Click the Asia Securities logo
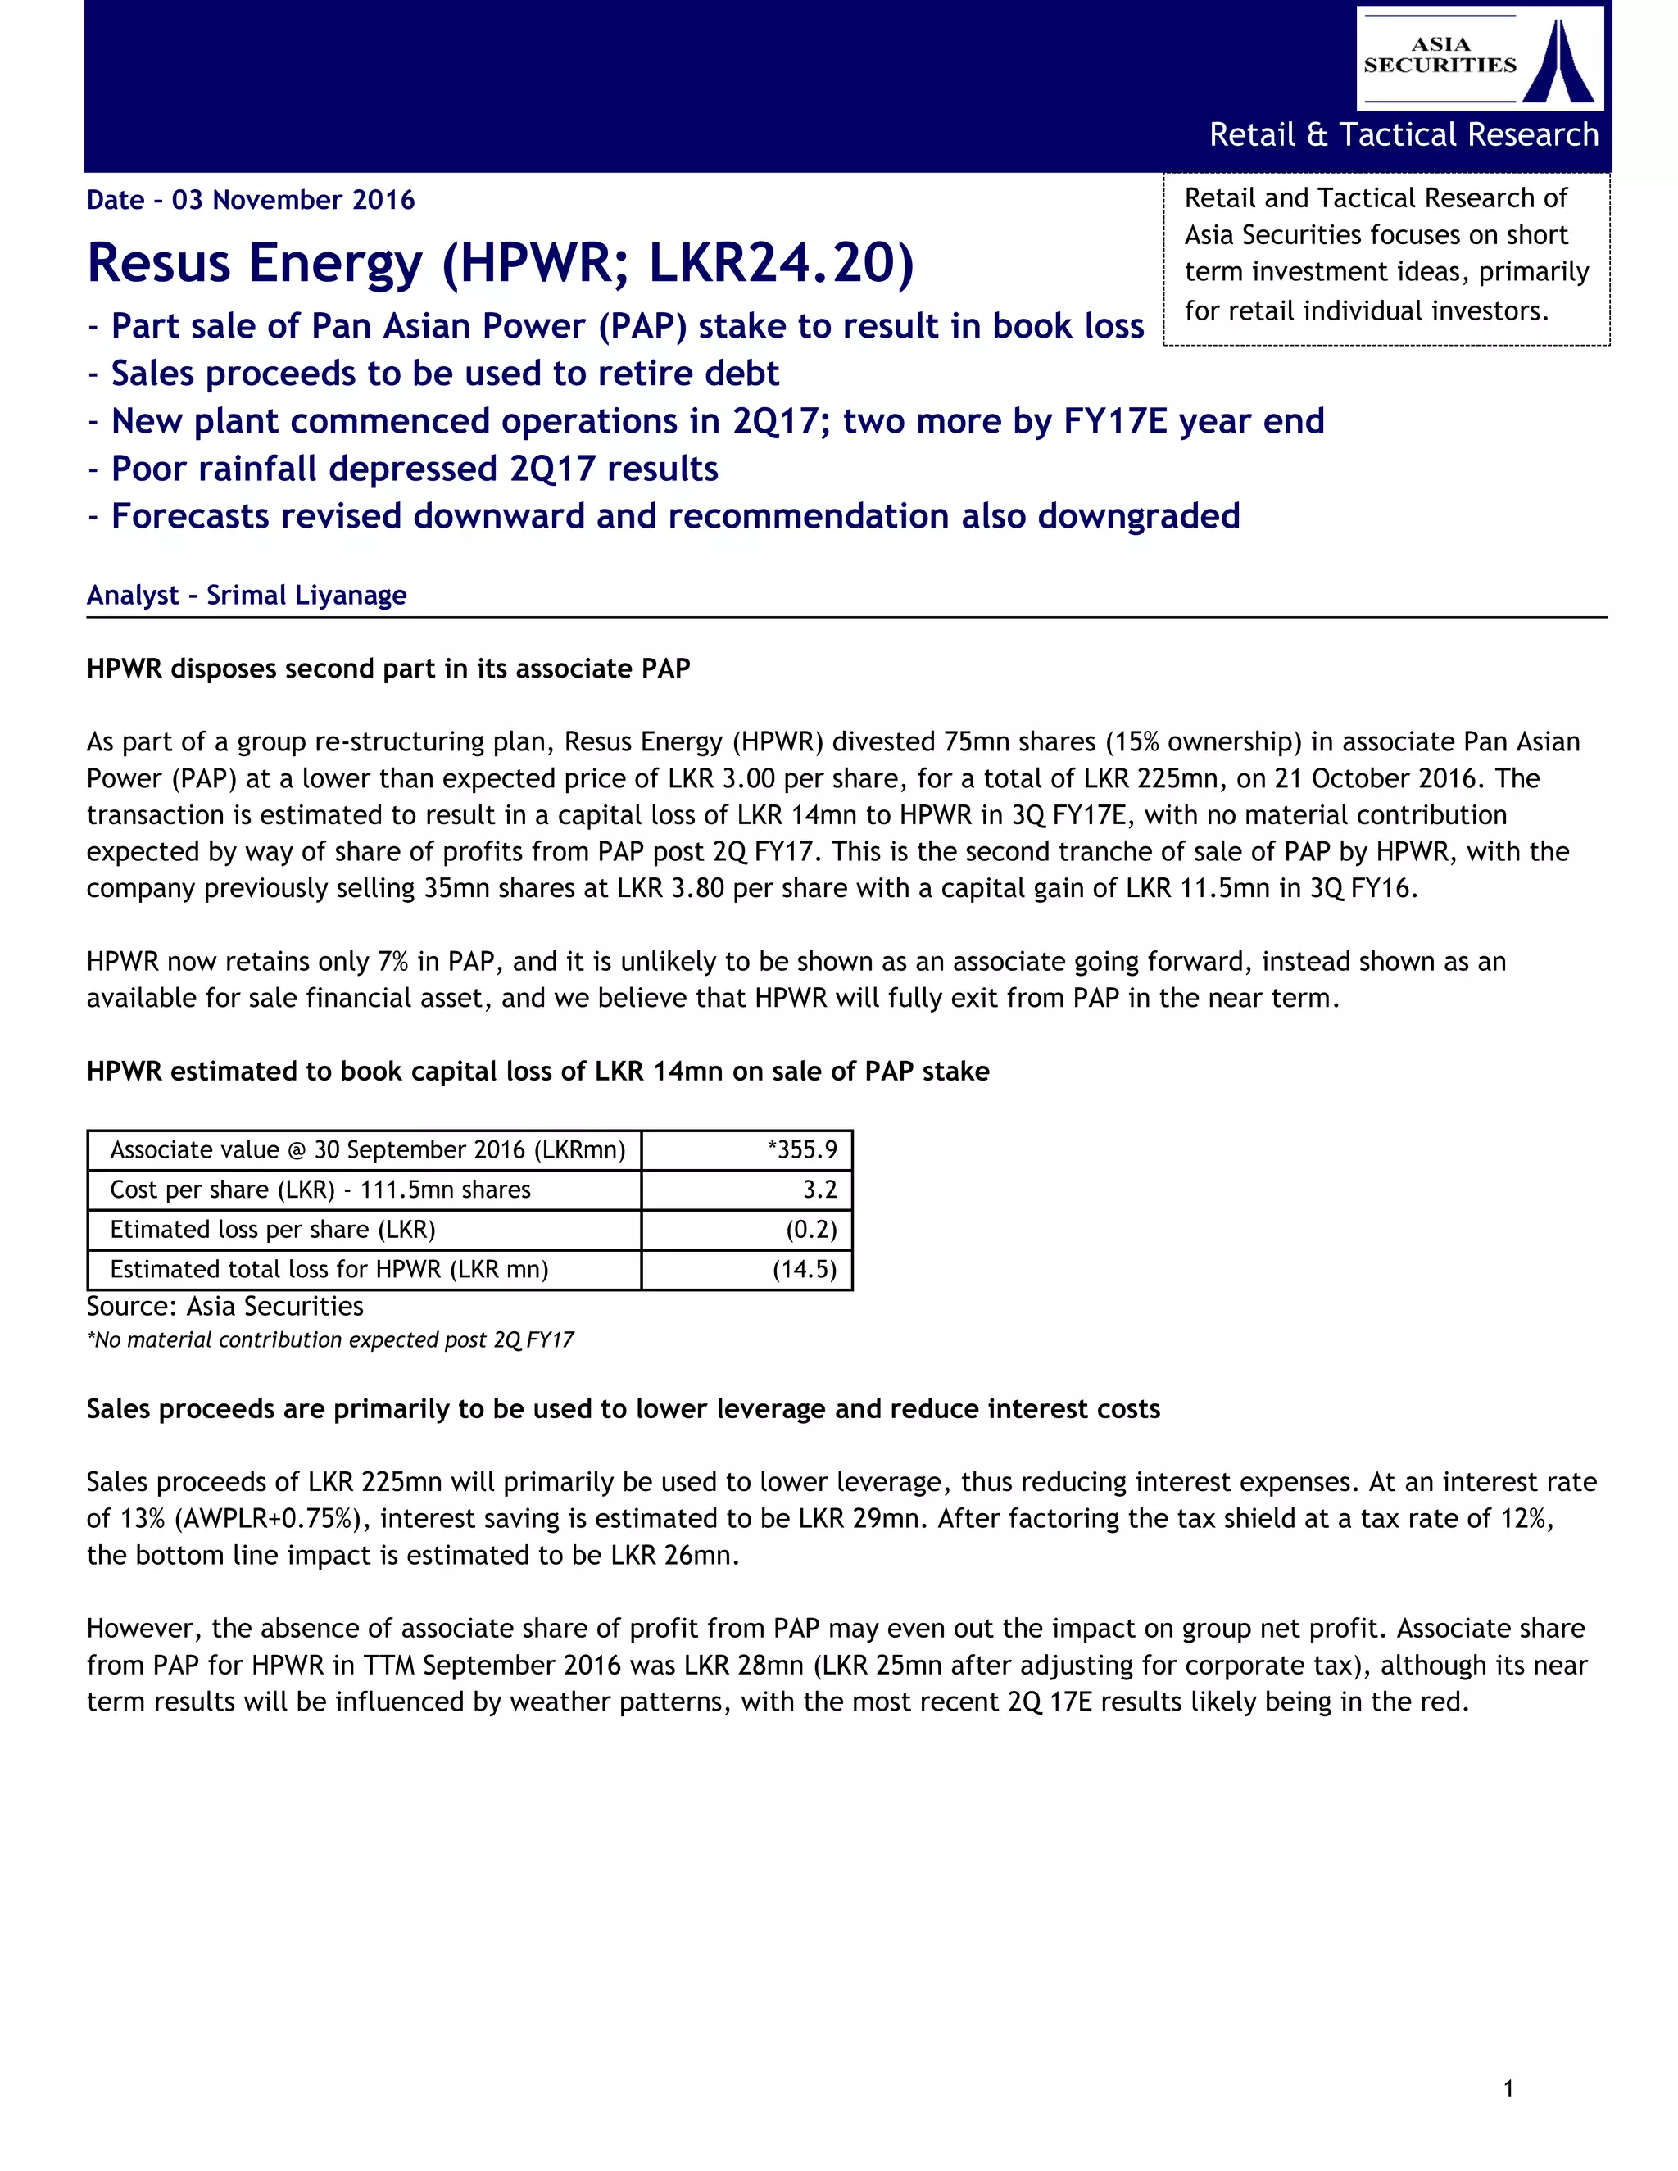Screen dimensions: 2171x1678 [x=1479, y=57]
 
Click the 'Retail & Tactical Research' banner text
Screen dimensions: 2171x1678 [x=1403, y=134]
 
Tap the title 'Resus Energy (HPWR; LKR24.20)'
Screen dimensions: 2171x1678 [x=500, y=264]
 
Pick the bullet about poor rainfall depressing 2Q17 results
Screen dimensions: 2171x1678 [x=415, y=469]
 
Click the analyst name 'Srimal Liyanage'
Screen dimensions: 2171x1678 [x=306, y=596]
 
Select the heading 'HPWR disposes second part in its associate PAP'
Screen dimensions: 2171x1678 [x=388, y=669]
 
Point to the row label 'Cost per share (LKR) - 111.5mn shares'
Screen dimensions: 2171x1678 [x=320, y=1190]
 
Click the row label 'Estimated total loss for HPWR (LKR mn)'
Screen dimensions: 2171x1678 [x=329, y=1269]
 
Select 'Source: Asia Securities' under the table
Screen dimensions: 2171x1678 [x=224, y=1306]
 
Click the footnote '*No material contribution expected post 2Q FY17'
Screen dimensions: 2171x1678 [x=330, y=1340]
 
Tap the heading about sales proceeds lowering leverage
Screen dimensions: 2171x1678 [x=623, y=1410]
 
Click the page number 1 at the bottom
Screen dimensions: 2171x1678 [x=1508, y=2090]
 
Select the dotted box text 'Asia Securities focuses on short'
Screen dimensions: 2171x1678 [x=1375, y=236]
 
